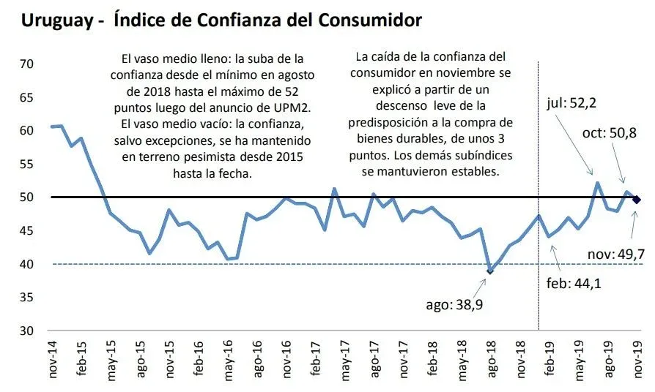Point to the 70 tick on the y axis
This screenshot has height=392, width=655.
coord(26,64)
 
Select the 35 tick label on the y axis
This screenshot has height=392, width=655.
coord(26,298)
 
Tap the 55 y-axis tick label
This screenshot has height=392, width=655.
coord(26,164)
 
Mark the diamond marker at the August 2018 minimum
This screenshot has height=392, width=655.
coord(490,271)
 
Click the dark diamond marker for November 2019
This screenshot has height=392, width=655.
coord(637,199)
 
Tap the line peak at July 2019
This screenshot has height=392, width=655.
coord(597,183)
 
